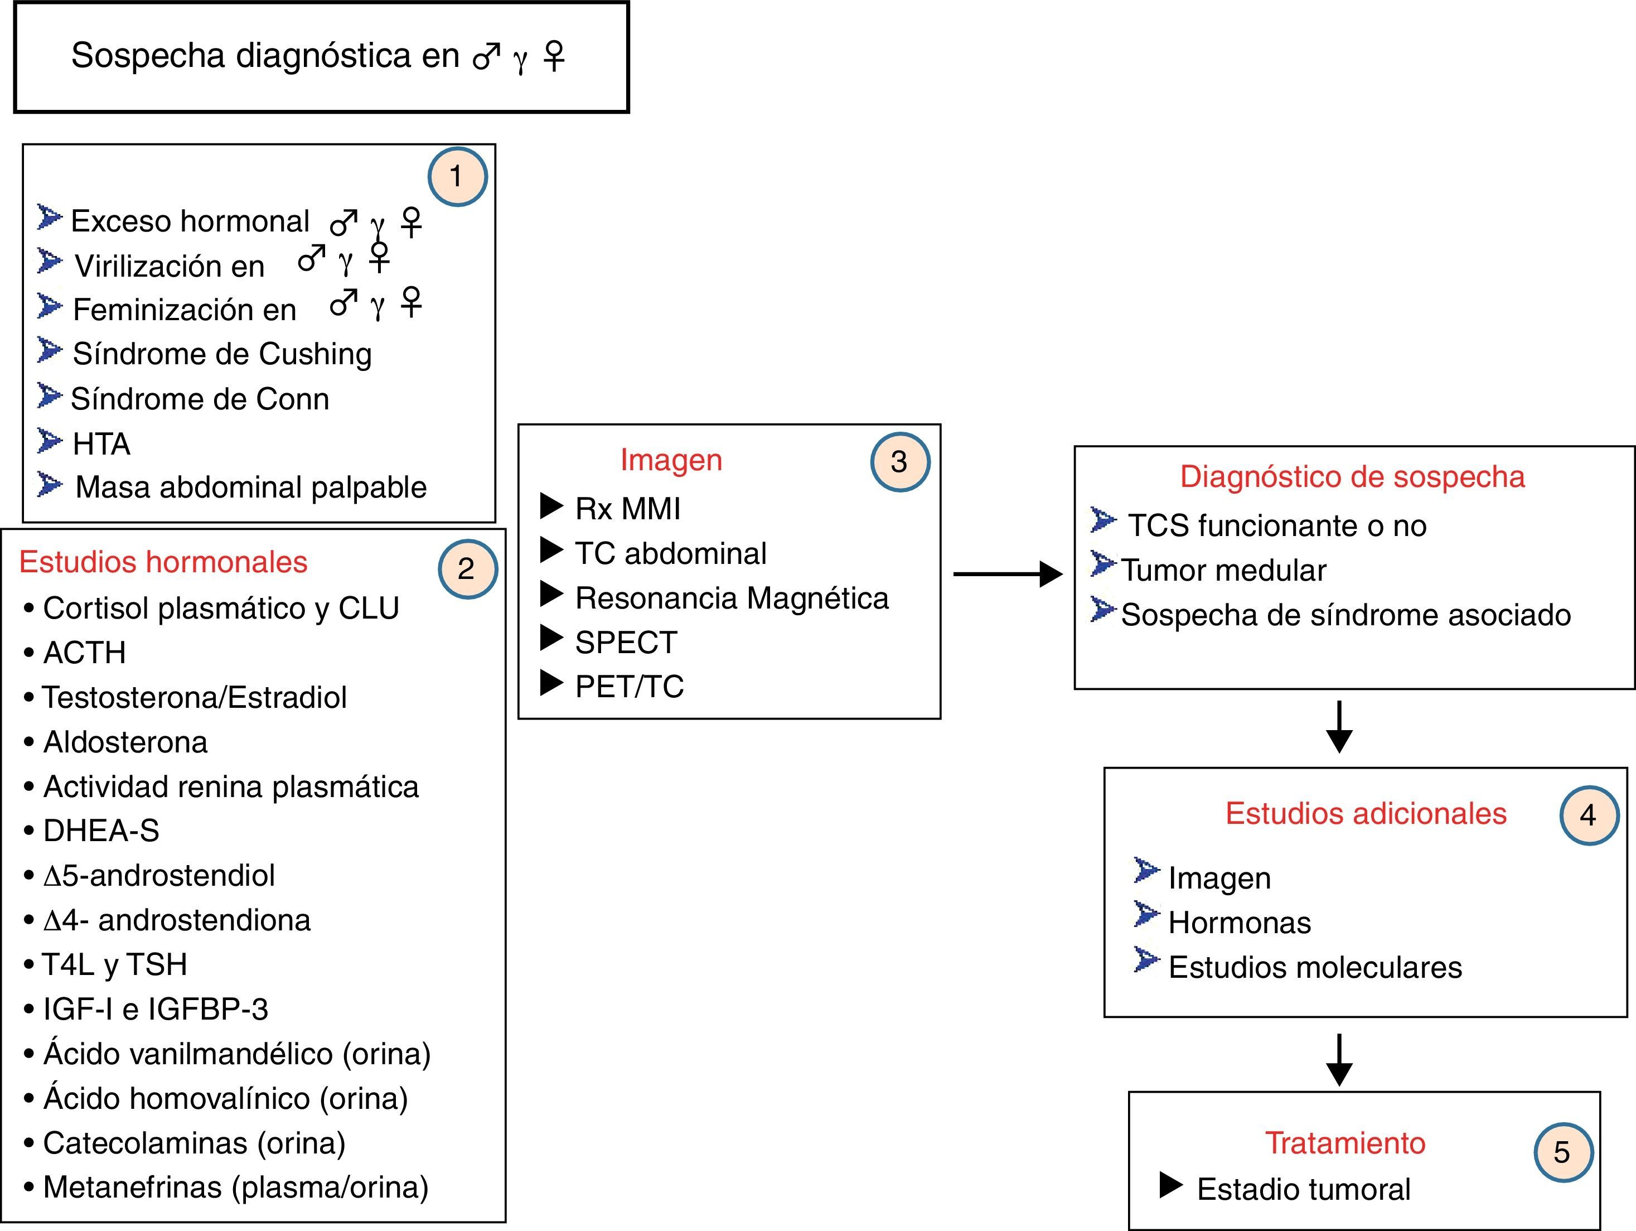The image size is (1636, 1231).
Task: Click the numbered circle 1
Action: pos(457,176)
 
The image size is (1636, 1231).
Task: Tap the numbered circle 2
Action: pos(467,569)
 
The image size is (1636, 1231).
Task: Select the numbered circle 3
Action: pos(899,462)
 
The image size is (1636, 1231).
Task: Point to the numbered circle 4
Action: pos(1589,815)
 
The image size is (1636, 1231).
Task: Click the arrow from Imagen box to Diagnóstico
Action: pos(1008,573)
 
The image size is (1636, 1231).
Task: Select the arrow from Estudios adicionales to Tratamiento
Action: pos(1339,1059)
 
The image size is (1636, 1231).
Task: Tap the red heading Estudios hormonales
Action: pos(163,562)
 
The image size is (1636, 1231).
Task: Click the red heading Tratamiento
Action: pos(1344,1143)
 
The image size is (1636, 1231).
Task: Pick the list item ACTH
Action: pos(84,653)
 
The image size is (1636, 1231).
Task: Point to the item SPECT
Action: pos(626,642)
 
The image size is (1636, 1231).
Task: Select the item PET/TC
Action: pos(630,687)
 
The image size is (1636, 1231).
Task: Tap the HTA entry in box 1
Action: pos(101,444)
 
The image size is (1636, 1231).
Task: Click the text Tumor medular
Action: pos(1223,571)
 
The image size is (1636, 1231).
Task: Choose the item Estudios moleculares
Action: pos(1315,968)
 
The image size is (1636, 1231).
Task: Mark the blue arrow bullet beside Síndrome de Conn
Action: pos(50,396)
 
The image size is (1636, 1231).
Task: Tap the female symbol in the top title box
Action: pos(554,55)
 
